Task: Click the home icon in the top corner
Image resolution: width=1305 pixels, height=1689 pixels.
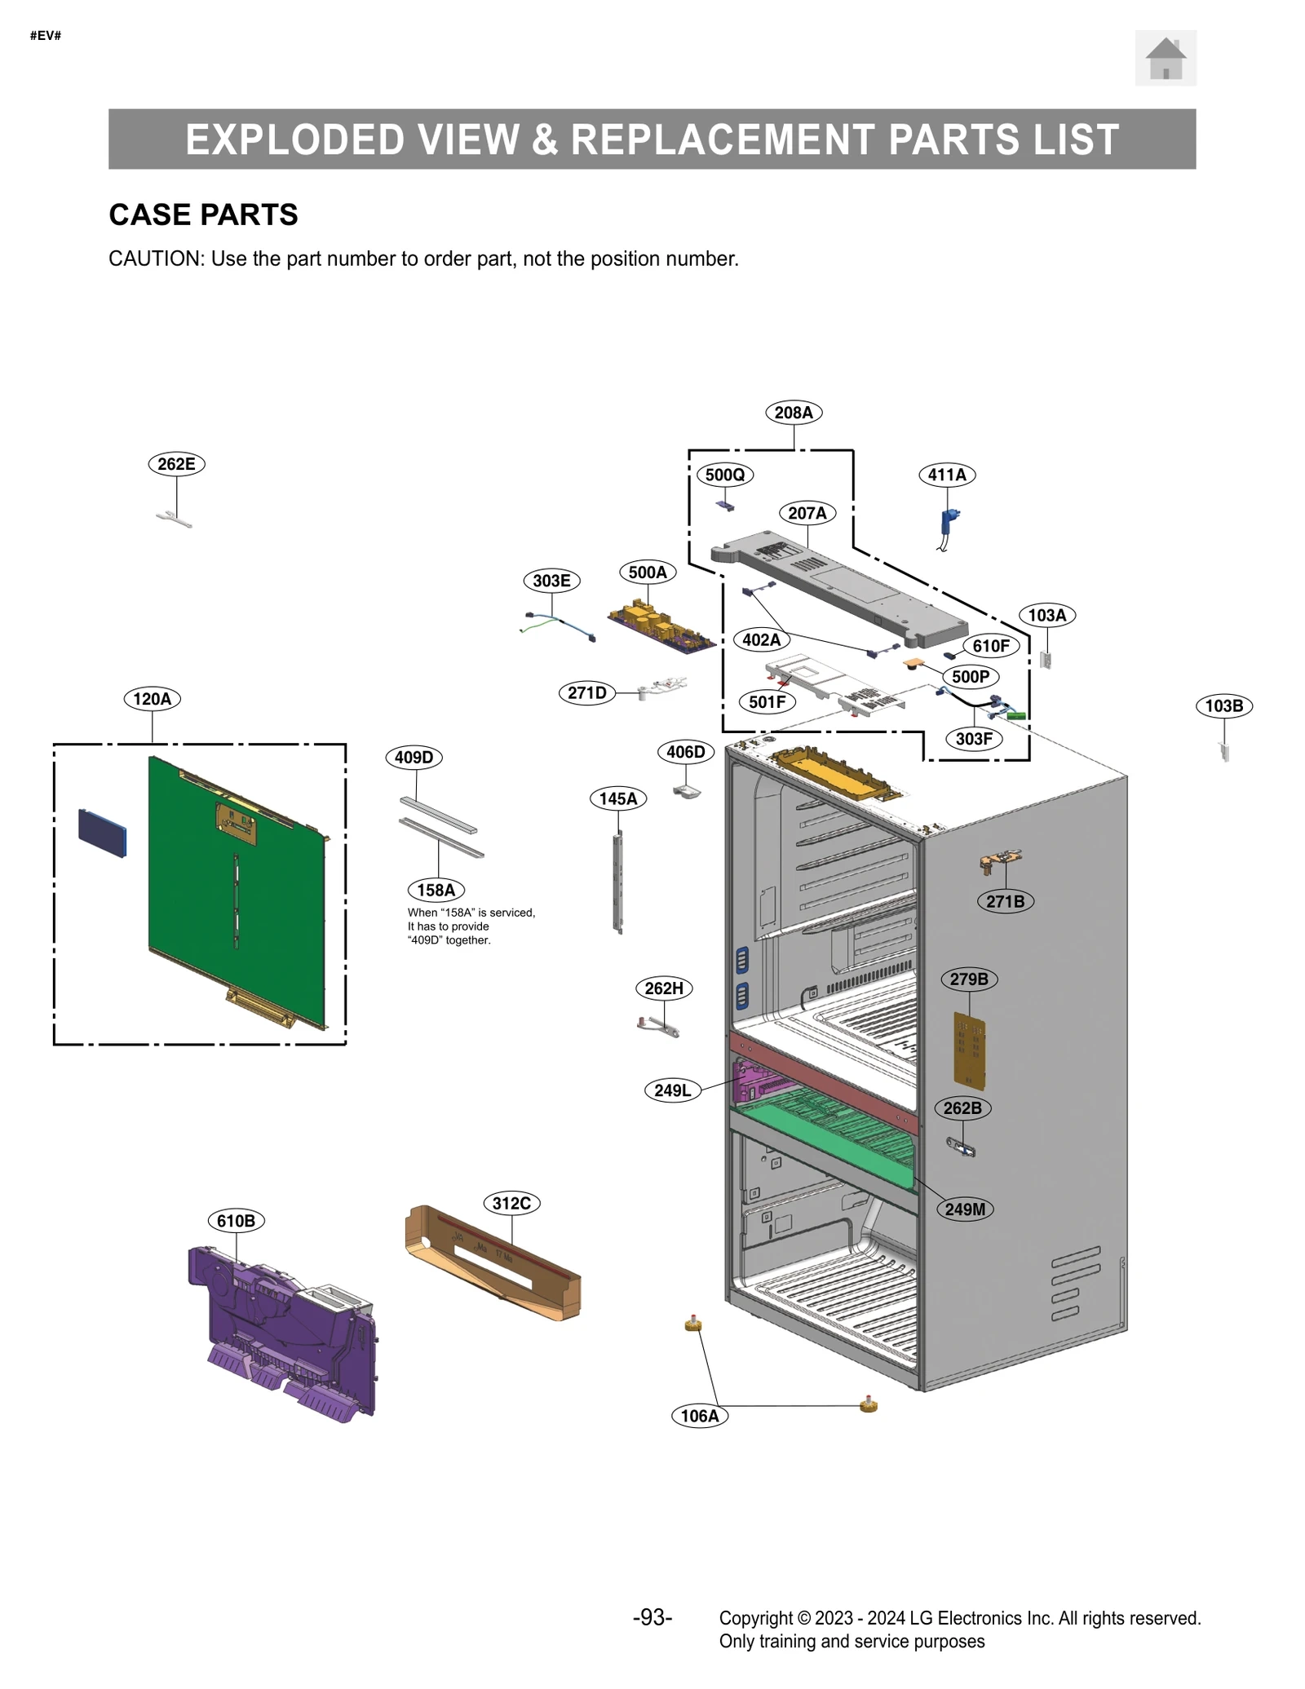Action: click(x=1165, y=58)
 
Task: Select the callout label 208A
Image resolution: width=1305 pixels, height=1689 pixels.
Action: click(x=793, y=413)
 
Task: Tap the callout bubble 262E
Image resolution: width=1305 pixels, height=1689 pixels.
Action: click(x=176, y=464)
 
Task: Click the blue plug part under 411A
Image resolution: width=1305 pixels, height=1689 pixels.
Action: click(x=949, y=522)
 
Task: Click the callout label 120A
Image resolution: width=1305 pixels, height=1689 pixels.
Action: click(x=153, y=699)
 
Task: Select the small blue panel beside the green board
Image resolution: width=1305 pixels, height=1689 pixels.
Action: click(x=103, y=833)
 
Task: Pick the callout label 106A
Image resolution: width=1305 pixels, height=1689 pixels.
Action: click(x=700, y=1416)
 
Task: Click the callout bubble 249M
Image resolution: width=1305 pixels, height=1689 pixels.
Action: click(x=965, y=1209)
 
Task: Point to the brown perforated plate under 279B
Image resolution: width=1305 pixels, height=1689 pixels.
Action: click(x=969, y=1051)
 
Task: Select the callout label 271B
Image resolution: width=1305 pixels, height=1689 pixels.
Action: click(x=1005, y=901)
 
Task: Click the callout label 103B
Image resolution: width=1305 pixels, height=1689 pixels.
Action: click(x=1223, y=705)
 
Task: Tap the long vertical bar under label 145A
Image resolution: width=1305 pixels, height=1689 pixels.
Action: click(x=618, y=882)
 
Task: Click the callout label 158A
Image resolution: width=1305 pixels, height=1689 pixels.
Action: click(x=436, y=890)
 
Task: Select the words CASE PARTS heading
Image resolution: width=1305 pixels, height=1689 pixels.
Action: click(x=203, y=214)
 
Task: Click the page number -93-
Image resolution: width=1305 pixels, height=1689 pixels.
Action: click(x=652, y=1617)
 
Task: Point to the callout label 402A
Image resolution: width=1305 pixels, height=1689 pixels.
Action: click(x=761, y=639)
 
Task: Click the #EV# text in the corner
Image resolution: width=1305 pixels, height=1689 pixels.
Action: click(x=46, y=36)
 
